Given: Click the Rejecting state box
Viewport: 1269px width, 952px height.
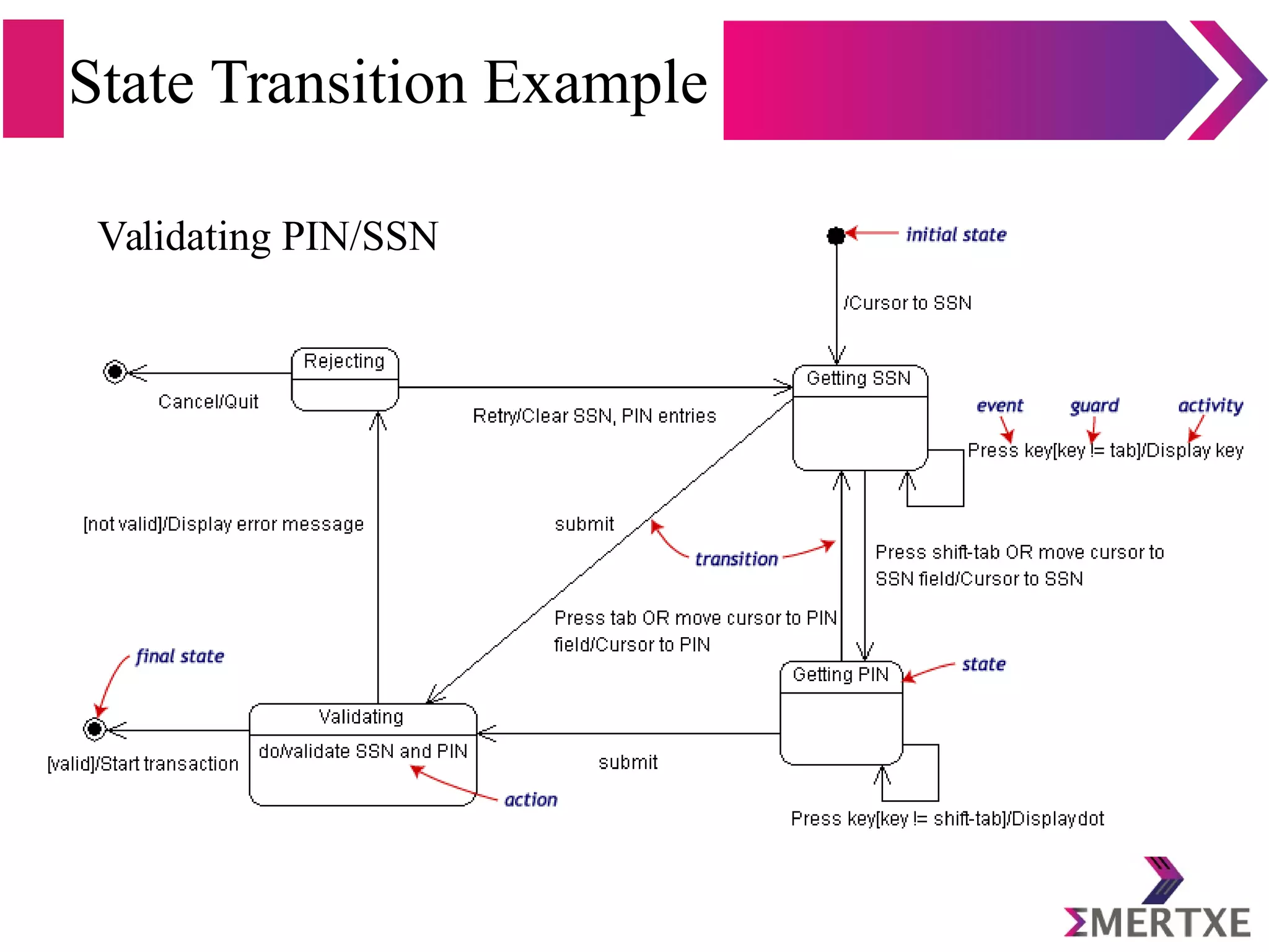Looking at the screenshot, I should coord(345,379).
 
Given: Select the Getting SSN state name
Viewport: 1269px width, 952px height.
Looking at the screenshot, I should coord(858,378).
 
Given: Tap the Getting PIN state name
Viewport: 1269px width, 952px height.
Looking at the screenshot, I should coord(840,674).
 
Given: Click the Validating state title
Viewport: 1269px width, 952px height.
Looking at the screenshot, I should coord(361,717).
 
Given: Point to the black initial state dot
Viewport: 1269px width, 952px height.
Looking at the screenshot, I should coord(836,236).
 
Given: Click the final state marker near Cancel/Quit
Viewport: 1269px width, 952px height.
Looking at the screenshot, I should coord(115,372).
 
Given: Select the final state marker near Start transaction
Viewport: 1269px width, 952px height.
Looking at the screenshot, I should coord(95,729).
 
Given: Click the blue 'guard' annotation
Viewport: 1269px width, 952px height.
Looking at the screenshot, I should coord(1094,406).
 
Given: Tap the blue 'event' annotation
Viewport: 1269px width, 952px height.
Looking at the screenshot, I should coord(999,406).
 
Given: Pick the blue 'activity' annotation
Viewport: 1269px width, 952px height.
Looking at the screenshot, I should coord(1210,406).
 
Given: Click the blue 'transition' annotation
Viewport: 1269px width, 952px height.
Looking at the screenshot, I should coord(736,559).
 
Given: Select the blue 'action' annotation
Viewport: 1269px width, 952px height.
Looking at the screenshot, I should coord(530,800).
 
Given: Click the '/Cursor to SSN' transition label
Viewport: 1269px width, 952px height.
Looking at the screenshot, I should coord(908,303).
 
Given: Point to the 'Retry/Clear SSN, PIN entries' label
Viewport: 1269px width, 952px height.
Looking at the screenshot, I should coord(594,416).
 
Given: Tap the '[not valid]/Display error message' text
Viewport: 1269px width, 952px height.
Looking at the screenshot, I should coord(224,524).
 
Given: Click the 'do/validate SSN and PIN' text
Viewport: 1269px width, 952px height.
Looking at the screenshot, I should coord(362,751).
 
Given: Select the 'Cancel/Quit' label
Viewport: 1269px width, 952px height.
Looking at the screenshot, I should coord(208,402).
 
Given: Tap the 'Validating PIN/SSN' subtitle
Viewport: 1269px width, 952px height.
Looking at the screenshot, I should coord(268,237).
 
